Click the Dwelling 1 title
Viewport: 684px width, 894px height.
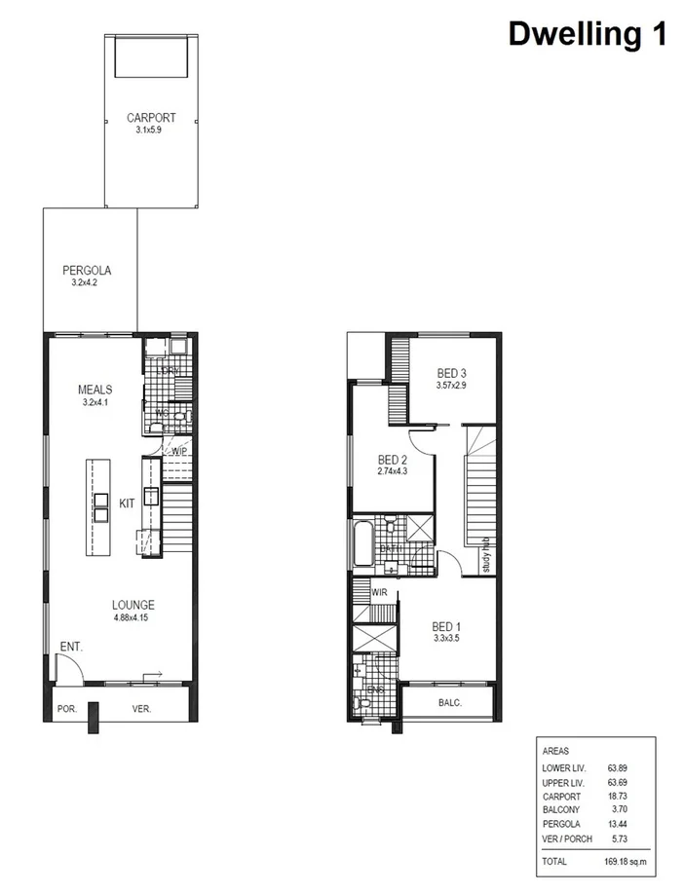(x=588, y=34)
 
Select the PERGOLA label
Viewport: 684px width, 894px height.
(x=86, y=270)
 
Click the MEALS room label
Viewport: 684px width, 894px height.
(x=95, y=390)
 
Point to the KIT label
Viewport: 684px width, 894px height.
(x=127, y=503)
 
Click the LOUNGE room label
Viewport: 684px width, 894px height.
(x=133, y=605)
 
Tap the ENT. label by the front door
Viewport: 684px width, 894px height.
(x=71, y=646)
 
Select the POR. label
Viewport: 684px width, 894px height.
(x=66, y=709)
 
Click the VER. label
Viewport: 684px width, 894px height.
(x=141, y=709)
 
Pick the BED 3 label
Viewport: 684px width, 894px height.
(x=453, y=373)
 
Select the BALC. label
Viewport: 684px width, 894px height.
(x=449, y=702)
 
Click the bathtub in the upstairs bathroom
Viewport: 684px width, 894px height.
(x=362, y=543)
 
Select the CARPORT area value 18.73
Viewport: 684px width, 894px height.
(x=616, y=796)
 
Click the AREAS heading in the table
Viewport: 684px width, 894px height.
(x=555, y=752)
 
